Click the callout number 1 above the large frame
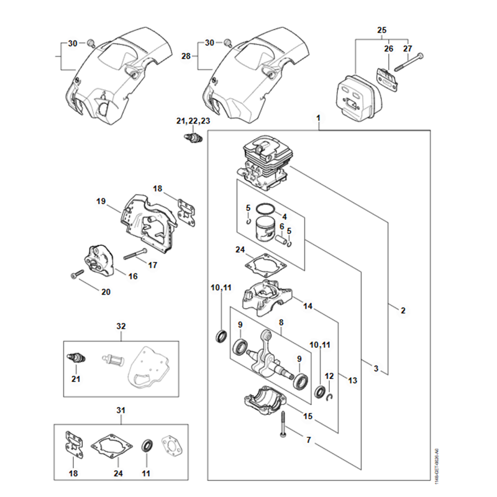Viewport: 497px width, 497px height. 318,117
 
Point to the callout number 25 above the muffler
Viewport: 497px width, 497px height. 381,30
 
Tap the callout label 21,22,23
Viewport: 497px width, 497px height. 194,120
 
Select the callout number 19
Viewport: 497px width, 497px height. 101,201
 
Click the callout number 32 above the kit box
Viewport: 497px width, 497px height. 121,326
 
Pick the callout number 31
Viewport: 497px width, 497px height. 121,410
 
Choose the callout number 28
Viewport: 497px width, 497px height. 185,56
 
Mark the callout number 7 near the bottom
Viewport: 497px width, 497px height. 309,440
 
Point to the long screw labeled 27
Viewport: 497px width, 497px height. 409,62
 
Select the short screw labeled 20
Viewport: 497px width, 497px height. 78,273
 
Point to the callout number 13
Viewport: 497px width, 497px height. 352,380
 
